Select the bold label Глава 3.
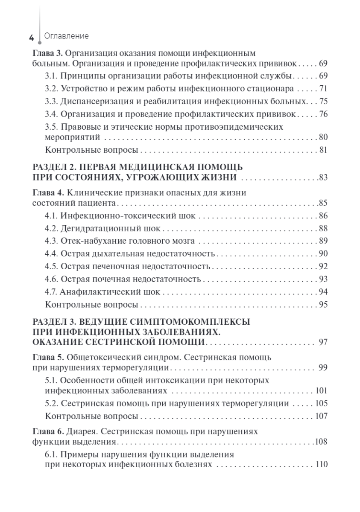click(48, 53)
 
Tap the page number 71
click(323, 89)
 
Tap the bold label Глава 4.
click(48, 192)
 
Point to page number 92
click(323, 267)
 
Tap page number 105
click(321, 403)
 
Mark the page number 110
click(321, 464)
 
